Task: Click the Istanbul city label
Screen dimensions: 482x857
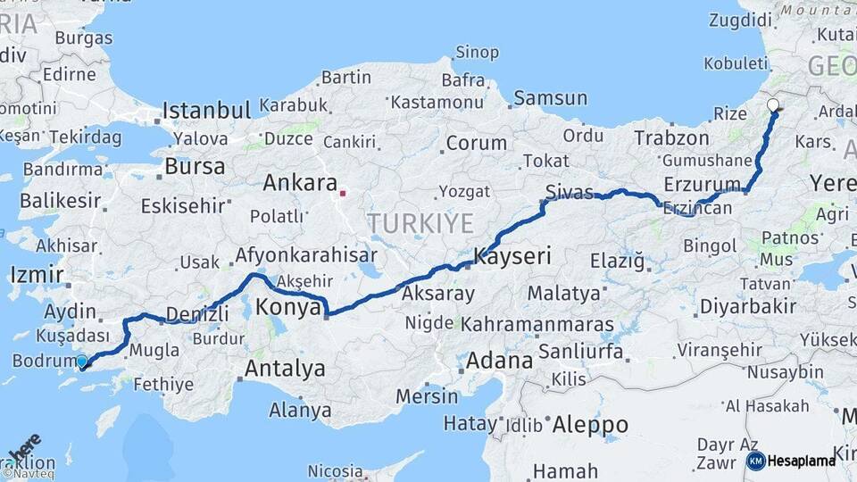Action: (x=206, y=112)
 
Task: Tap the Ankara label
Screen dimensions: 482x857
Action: (x=298, y=182)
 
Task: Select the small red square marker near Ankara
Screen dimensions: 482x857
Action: (x=342, y=191)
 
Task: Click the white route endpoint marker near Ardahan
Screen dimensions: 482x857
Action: (x=773, y=105)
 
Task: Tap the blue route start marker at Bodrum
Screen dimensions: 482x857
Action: (x=82, y=361)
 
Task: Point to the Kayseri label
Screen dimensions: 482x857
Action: (x=512, y=257)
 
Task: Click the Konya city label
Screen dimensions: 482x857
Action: (x=288, y=308)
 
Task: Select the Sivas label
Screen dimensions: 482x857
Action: (x=569, y=190)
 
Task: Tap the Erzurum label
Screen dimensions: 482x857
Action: (x=703, y=184)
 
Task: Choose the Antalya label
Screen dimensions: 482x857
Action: (x=285, y=368)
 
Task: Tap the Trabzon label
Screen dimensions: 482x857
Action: (x=671, y=137)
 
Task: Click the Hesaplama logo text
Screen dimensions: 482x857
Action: (x=802, y=461)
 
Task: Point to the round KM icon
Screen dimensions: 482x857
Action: (x=756, y=461)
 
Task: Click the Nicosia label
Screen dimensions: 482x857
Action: (x=335, y=470)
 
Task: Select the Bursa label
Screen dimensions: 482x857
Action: (x=195, y=167)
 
